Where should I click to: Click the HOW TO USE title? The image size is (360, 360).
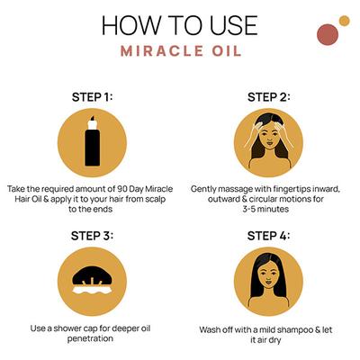coord(180,23)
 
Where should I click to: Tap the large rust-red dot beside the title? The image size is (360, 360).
coord(328,34)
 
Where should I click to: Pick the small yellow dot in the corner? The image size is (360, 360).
coord(344,20)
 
